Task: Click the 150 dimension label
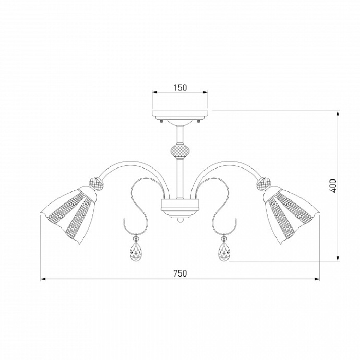(x=180, y=88)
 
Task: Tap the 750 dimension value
(x=180, y=273)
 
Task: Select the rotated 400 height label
(x=333, y=186)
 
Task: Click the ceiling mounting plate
(x=180, y=114)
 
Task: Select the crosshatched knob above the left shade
(x=96, y=184)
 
